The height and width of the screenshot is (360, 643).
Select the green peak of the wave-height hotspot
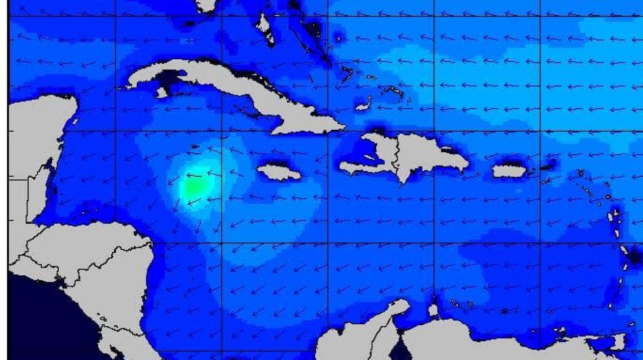click(192, 186)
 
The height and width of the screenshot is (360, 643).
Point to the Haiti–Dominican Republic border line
click(398, 153)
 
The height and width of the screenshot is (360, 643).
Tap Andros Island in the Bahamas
click(265, 28)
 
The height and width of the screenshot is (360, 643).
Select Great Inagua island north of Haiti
click(363, 106)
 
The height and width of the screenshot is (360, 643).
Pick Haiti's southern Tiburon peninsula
click(357, 167)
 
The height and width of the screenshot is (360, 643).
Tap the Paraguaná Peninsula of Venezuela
click(434, 309)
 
